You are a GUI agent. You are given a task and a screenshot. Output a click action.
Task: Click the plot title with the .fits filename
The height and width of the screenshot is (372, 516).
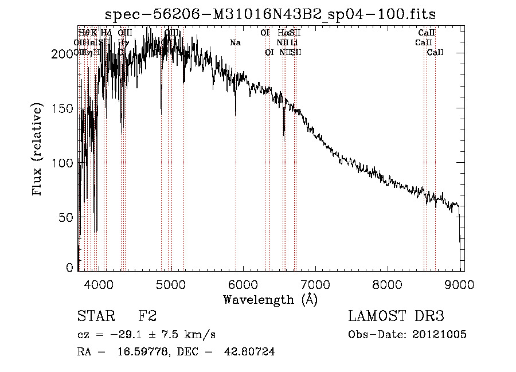(271, 15)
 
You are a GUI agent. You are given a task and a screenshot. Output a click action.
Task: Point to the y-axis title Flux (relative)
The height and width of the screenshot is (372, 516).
(38, 150)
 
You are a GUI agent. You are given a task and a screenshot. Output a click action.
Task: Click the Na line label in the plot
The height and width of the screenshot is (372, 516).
(235, 42)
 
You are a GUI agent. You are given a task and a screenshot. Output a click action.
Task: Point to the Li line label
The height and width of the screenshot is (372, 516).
(294, 42)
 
